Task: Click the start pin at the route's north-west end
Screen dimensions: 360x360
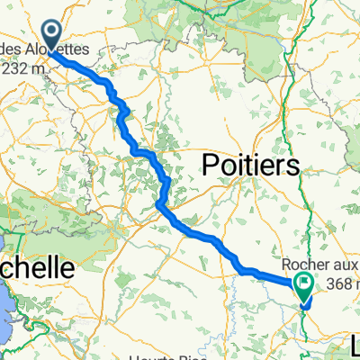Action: click(x=51, y=34)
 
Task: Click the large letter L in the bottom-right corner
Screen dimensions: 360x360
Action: click(x=350, y=344)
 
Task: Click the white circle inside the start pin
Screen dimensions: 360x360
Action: click(x=51, y=31)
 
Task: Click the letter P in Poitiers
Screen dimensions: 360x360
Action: click(x=209, y=166)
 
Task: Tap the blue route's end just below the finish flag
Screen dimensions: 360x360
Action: click(x=301, y=302)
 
